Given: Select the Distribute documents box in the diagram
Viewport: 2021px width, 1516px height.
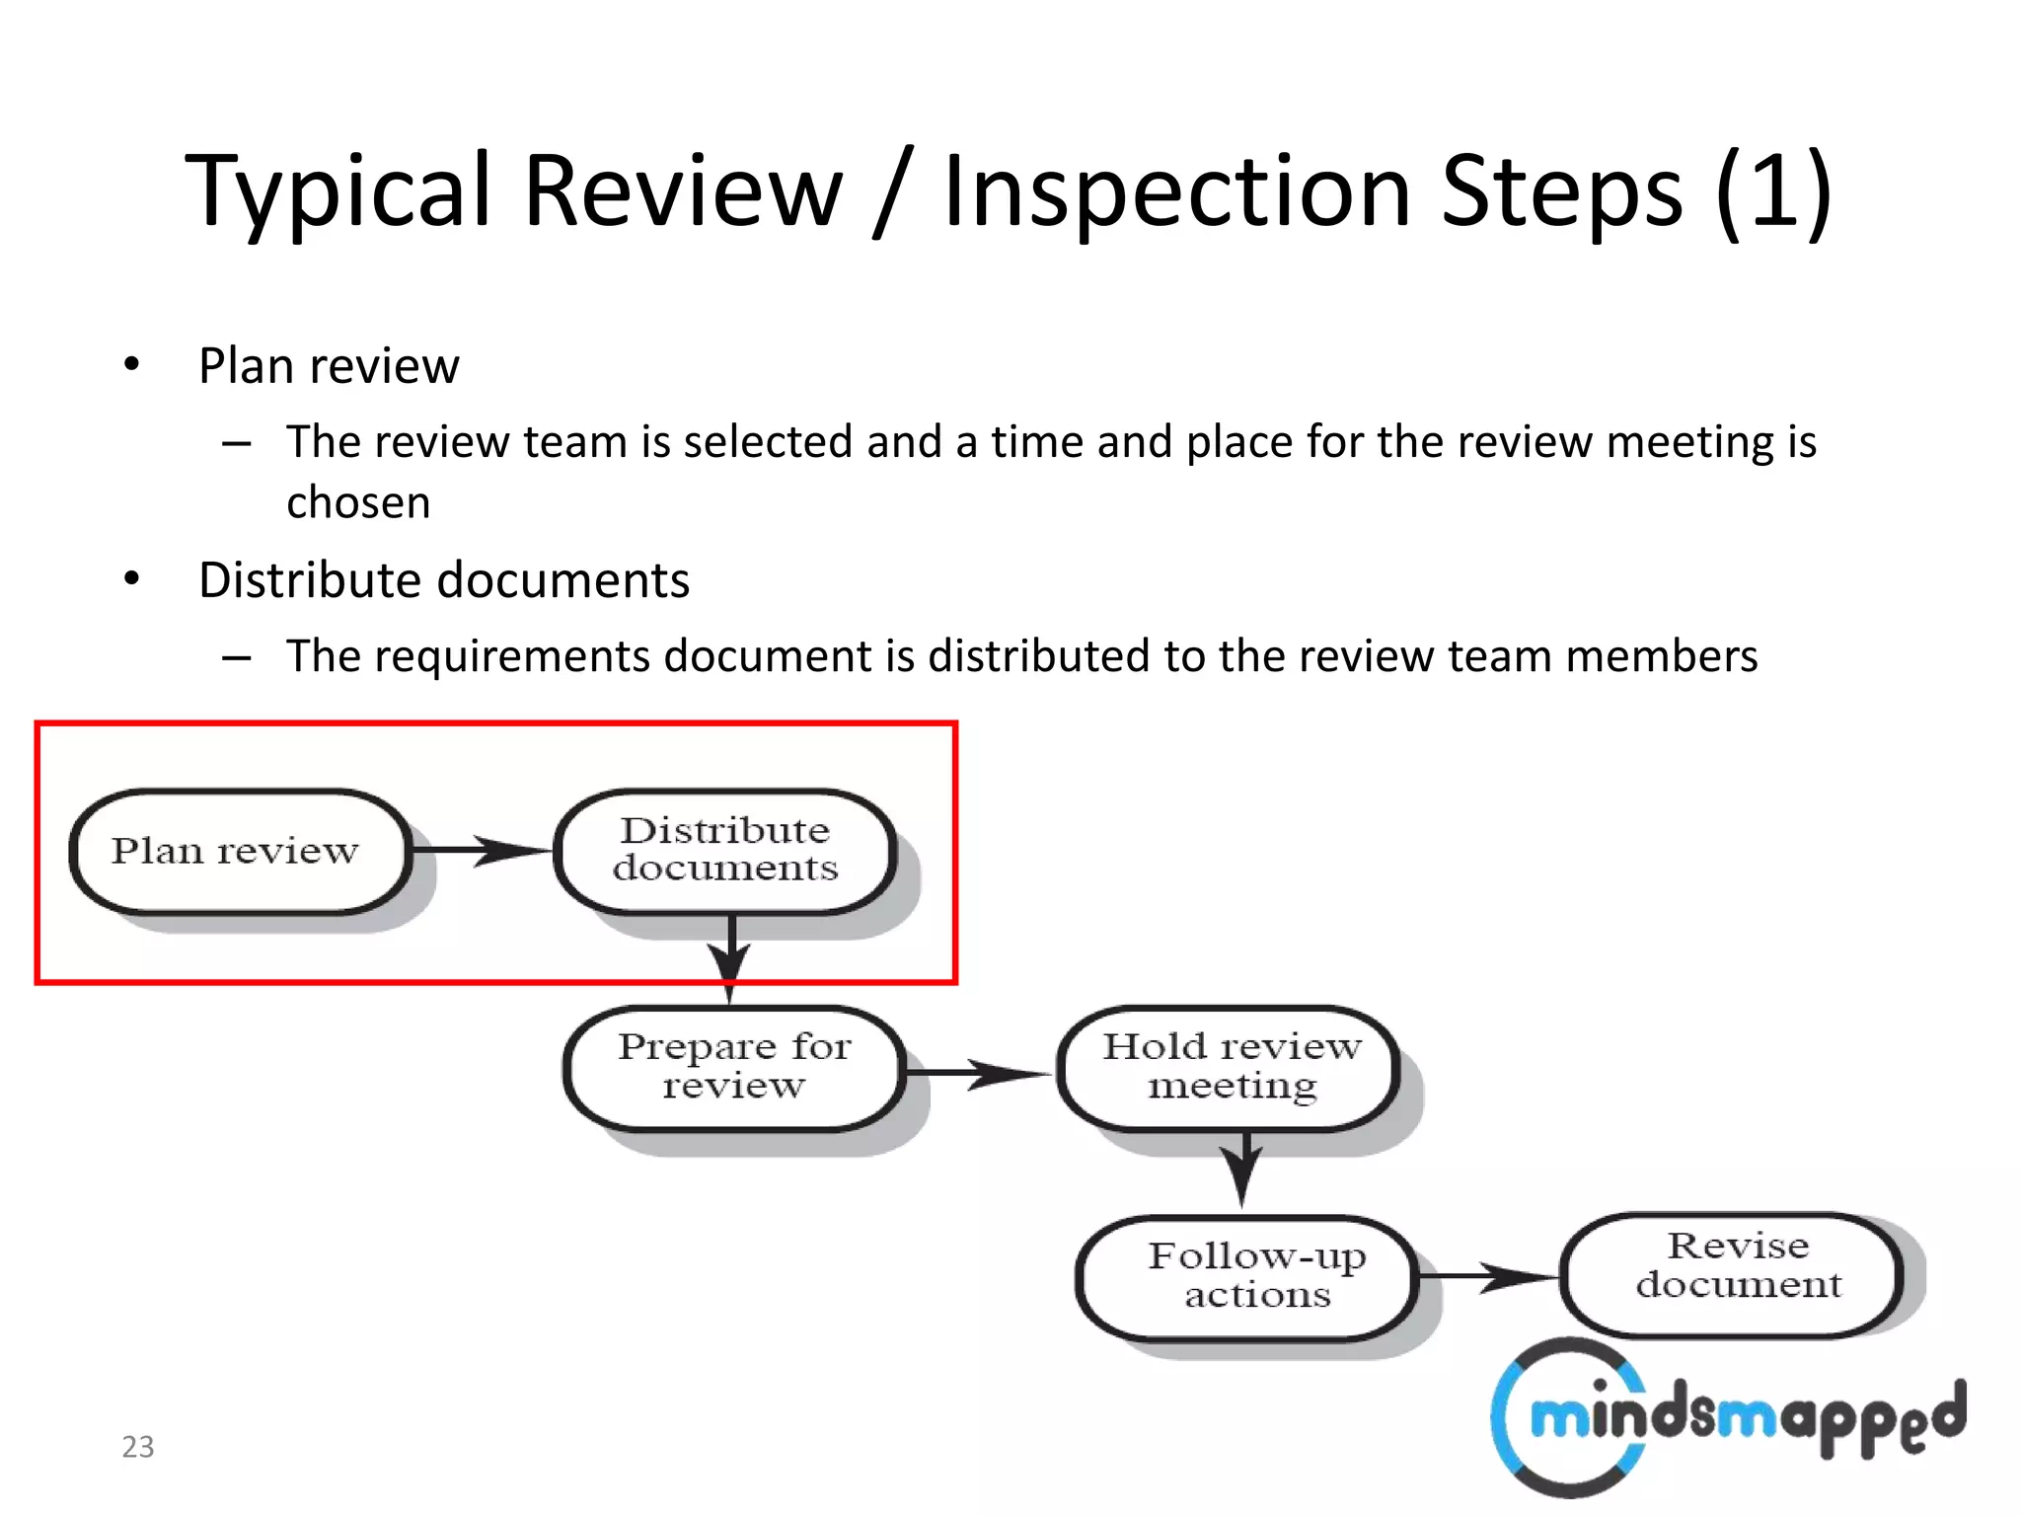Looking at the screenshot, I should pyautogui.click(x=725, y=851).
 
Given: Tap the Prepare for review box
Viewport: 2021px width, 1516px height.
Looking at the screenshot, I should pyautogui.click(x=734, y=1068).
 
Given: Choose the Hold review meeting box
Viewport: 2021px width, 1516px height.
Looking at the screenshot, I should pyautogui.click(x=1230, y=1068).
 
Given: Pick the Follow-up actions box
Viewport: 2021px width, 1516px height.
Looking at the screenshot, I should pyautogui.click(x=1248, y=1277).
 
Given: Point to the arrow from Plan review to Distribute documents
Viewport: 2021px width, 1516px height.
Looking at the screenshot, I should pyautogui.click(x=482, y=850).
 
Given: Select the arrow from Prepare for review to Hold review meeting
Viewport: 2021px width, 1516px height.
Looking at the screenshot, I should pyautogui.click(x=979, y=1073).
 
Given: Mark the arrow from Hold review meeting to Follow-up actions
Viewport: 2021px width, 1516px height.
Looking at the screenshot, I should pyautogui.click(x=1242, y=1169).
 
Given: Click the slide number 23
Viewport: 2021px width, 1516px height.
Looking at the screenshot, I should pyautogui.click(x=138, y=1447).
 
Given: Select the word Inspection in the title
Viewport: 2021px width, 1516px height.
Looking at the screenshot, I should pyautogui.click(x=1175, y=192).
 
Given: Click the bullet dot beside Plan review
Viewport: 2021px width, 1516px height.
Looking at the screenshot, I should pyautogui.click(x=132, y=365).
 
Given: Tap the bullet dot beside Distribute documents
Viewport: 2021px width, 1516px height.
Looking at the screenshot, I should pyautogui.click(x=132, y=578).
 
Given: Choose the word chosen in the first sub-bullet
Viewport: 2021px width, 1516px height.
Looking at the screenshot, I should pyautogui.click(x=358, y=503).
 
